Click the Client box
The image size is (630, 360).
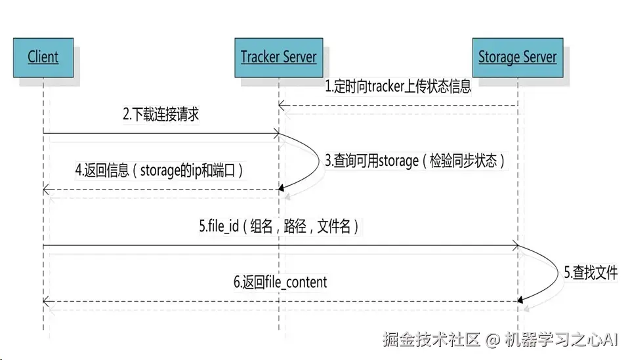point(43,57)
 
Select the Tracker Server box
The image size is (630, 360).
point(278,57)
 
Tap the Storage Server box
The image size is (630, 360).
point(517,57)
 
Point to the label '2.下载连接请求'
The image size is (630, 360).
point(161,115)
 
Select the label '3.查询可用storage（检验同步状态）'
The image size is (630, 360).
point(415,161)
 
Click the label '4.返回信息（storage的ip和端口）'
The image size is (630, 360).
point(160,170)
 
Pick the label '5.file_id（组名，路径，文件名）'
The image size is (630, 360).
point(280,227)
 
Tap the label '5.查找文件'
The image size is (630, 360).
point(591,273)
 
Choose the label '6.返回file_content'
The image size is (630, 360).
point(280,283)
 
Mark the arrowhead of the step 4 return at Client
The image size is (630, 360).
point(46,190)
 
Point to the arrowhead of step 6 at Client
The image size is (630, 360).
point(46,301)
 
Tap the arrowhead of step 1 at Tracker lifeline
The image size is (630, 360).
point(282,106)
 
